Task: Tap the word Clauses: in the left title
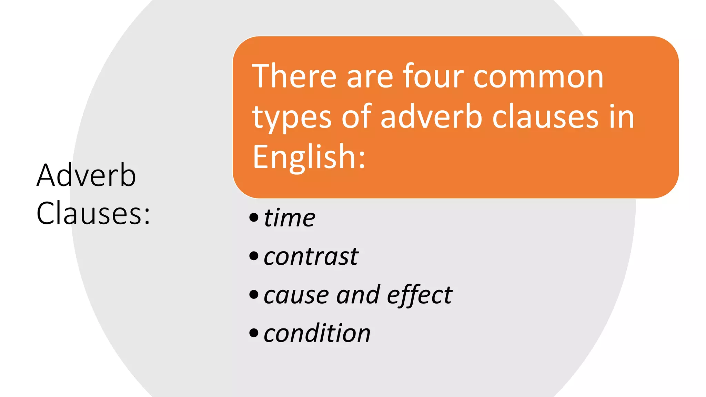[x=93, y=214]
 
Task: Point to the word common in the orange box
[x=538, y=77]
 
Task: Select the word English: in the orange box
[x=309, y=157]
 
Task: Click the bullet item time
[x=290, y=218]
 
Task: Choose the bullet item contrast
[x=311, y=256]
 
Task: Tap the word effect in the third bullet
[x=420, y=295]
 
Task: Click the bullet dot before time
[x=254, y=217]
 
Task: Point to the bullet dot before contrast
[x=254, y=256]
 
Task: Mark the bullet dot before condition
[x=254, y=333]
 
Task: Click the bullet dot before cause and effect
[x=254, y=295]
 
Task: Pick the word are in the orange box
[x=370, y=77]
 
